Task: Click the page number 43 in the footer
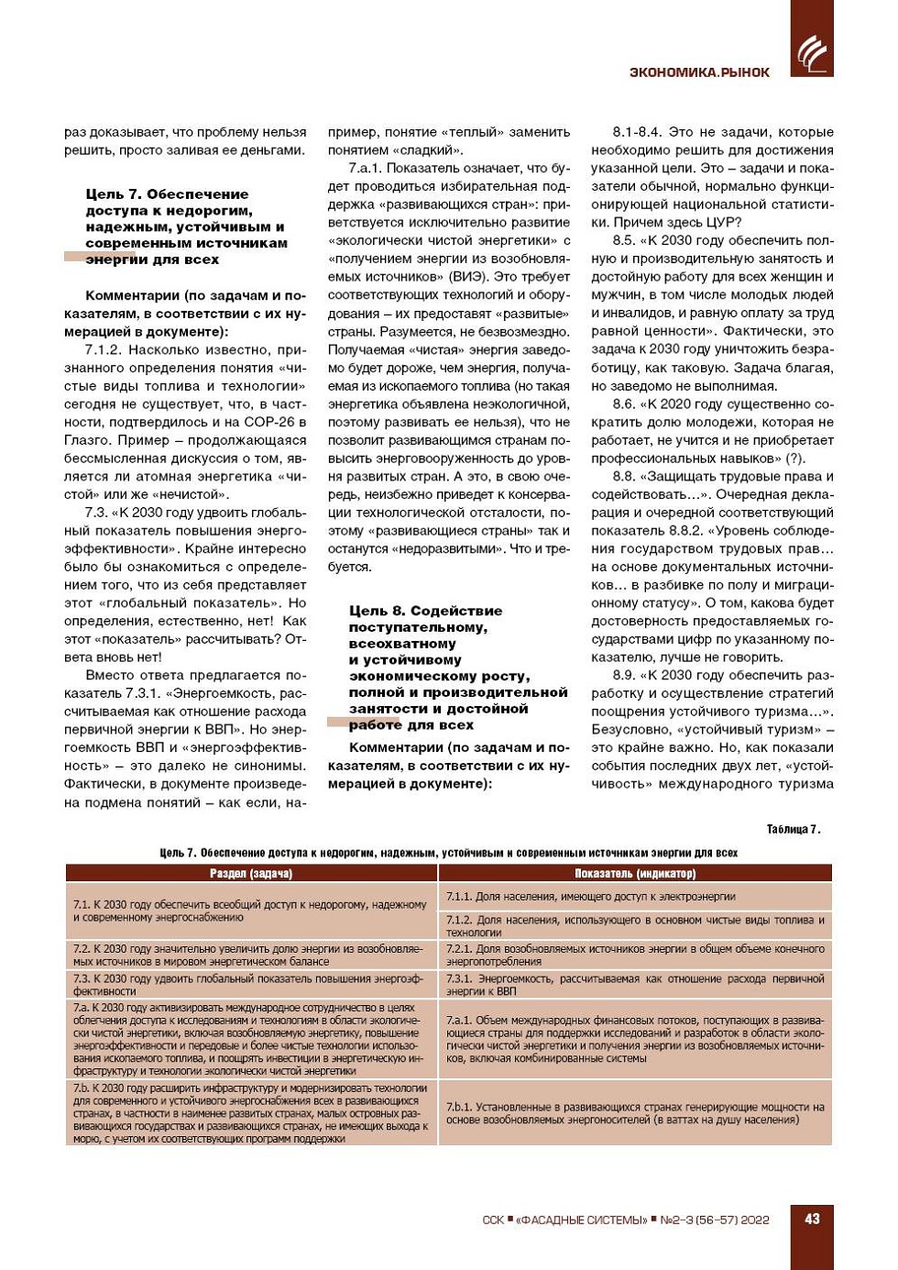coord(812,1219)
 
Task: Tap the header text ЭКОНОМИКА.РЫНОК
coord(699,72)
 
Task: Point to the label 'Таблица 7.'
coord(794,830)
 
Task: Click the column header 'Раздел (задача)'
coord(251,874)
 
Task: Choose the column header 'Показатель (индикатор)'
coord(635,874)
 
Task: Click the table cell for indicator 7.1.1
coord(635,897)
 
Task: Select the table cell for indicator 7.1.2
coord(635,925)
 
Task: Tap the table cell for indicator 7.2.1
coord(635,955)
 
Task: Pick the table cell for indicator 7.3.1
coord(635,985)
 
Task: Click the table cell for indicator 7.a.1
coord(635,1039)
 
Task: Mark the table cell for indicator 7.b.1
coord(635,1113)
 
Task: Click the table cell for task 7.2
coord(251,955)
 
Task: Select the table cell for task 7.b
coord(251,1113)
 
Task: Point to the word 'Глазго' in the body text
coord(87,441)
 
